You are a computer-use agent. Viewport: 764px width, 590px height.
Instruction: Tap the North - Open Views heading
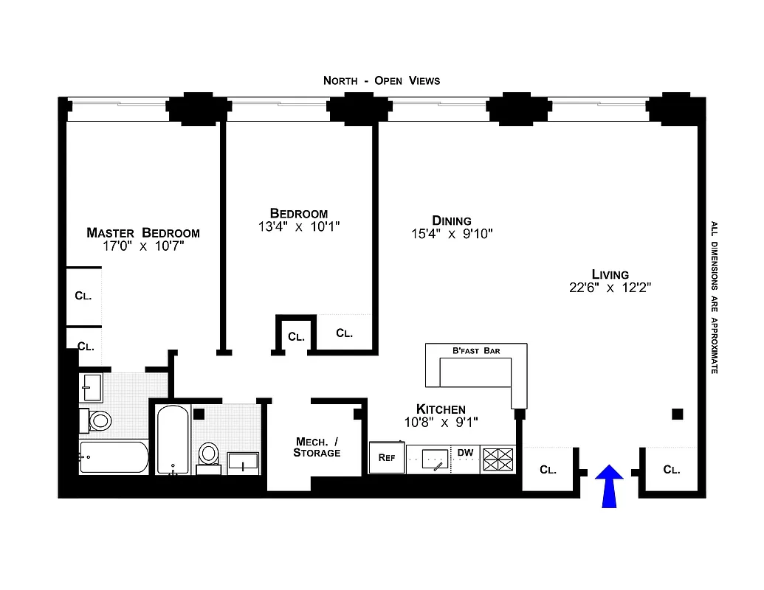coord(382,80)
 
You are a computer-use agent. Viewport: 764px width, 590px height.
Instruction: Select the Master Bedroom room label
coord(143,232)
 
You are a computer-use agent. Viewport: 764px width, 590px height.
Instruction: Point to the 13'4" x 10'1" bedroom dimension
coord(298,227)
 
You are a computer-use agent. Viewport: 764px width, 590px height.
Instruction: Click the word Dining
coord(452,221)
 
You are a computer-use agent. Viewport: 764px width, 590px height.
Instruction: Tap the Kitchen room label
coord(441,409)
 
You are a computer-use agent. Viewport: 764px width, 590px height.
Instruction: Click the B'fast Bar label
coord(476,350)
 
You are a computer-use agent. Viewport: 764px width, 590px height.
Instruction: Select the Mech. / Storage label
coord(317,447)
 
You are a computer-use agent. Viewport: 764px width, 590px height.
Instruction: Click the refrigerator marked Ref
coord(387,457)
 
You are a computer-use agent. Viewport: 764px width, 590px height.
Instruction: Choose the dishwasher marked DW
coord(465,452)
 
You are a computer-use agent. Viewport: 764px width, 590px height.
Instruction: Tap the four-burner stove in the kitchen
coord(498,459)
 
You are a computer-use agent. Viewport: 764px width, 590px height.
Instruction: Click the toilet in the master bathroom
coord(99,420)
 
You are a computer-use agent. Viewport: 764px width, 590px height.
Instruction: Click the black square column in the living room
coord(677,414)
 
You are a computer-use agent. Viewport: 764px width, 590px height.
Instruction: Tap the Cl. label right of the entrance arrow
coord(671,469)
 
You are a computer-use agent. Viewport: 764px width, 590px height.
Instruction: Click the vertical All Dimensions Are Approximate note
coord(714,296)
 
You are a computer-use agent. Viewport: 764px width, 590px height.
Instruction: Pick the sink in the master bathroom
coord(92,385)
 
